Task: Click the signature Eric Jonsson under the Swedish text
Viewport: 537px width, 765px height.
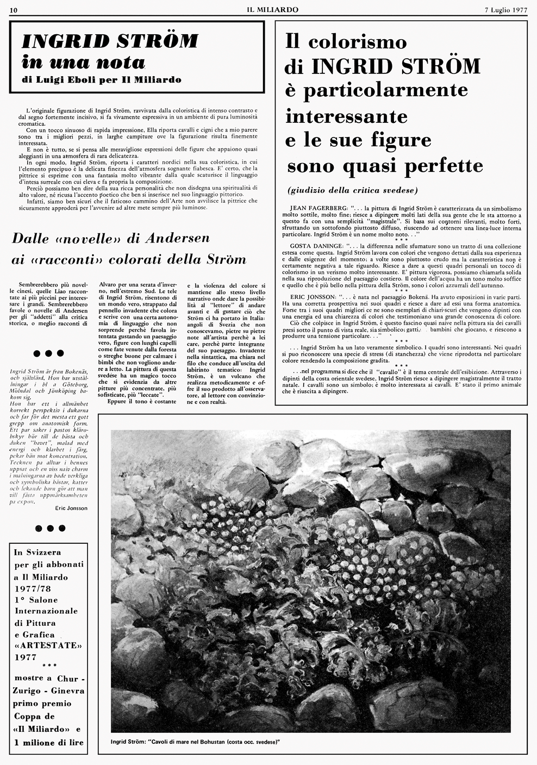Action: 71,508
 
